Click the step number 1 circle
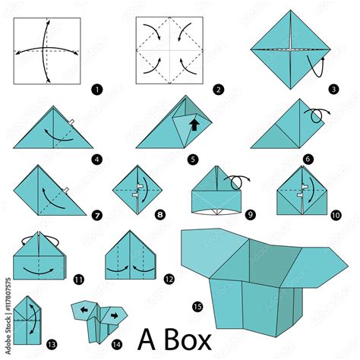96,89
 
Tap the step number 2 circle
219,90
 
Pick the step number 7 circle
97,216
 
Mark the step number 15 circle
197,306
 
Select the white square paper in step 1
47,50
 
